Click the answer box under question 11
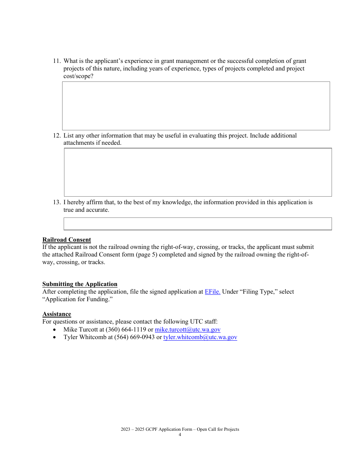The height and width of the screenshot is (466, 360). click(x=196, y=106)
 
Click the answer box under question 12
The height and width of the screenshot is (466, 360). click(x=198, y=172)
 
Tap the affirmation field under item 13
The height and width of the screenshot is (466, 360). click(x=198, y=224)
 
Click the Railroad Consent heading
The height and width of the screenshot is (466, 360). click(x=67, y=240)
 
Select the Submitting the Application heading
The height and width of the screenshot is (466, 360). click(x=80, y=284)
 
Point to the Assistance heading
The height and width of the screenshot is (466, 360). click(x=57, y=314)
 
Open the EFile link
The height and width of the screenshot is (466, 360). click(x=213, y=292)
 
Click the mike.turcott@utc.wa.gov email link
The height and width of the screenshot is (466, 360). click(x=188, y=330)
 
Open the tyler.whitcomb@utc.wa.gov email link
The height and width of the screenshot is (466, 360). click(x=200, y=337)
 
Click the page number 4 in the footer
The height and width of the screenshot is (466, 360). click(x=180, y=435)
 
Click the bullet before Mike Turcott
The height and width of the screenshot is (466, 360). click(x=55, y=330)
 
